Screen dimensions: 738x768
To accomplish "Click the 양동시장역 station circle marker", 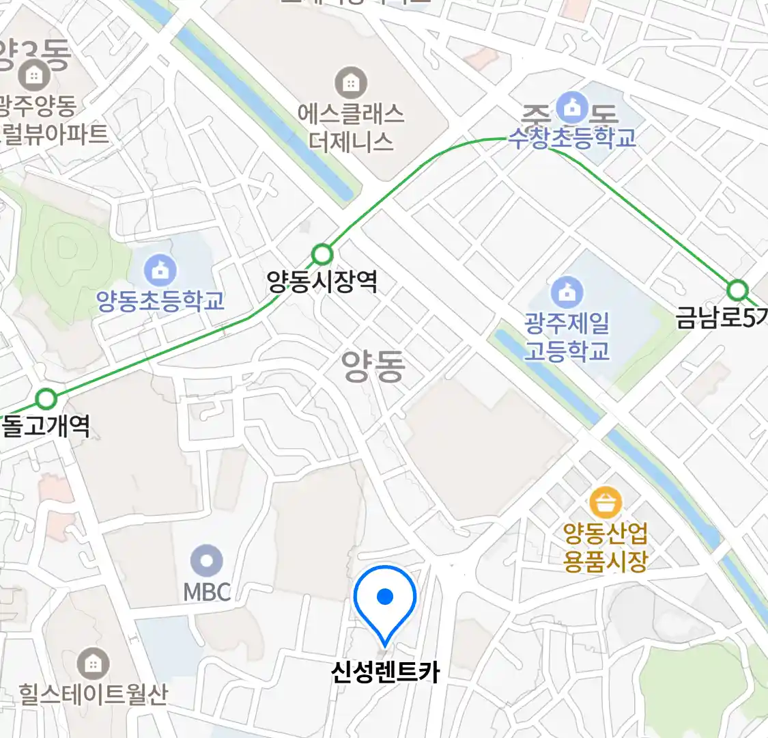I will click(322, 255).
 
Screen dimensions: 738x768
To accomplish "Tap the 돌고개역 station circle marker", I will click(46, 398).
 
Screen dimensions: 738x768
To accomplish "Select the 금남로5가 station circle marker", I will click(737, 290).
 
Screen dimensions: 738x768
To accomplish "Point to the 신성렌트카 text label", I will click(385, 672).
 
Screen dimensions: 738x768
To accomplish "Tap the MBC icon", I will click(207, 562).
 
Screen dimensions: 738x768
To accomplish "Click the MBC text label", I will click(207, 592).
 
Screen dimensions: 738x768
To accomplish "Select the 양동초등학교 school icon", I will click(160, 271).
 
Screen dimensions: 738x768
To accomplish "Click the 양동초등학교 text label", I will click(160, 301).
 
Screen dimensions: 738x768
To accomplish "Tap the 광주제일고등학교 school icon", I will click(567, 292).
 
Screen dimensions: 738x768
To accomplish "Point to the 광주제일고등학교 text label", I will click(567, 337).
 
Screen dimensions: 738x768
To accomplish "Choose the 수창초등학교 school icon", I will click(571, 107).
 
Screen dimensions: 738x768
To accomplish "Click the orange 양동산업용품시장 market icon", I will click(606, 504).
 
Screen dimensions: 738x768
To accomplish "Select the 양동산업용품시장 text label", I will click(606, 547).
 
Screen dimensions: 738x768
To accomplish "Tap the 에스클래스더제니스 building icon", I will click(351, 83).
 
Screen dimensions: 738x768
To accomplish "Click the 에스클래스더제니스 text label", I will click(351, 127).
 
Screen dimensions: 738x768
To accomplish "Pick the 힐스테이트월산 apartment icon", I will click(93, 664).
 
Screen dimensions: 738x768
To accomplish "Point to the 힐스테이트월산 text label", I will click(93, 694).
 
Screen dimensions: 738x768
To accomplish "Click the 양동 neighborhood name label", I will click(373, 367).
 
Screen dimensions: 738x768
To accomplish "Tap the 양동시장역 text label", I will click(322, 282).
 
